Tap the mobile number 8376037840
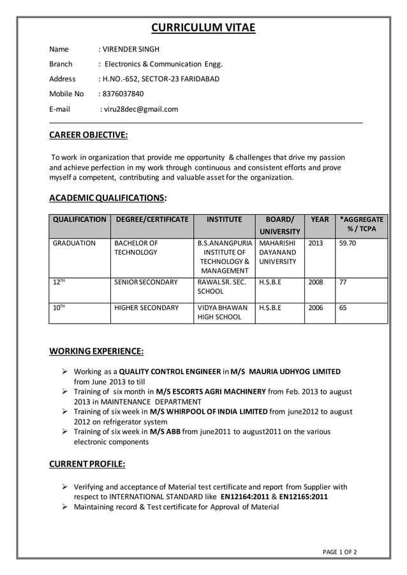tap(123, 94)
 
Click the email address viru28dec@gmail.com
tap(140, 109)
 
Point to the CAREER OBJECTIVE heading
tap(88, 135)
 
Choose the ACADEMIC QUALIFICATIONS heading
tap(108, 197)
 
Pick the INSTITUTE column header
tap(225, 219)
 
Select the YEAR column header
tap(320, 219)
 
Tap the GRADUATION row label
tap(74, 244)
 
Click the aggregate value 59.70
tap(348, 244)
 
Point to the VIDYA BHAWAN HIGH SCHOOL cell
tap(219, 312)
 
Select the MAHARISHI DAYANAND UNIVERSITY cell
tap(278, 252)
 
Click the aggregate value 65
tap(343, 308)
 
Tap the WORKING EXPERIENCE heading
tap(96, 351)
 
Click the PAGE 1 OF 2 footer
tap(339, 552)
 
